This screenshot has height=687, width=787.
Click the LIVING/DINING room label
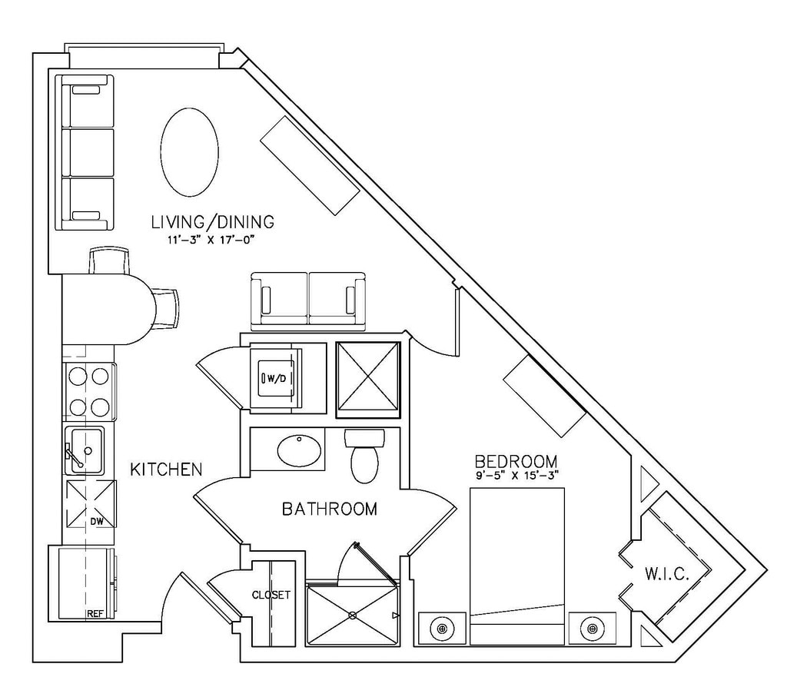[x=212, y=223]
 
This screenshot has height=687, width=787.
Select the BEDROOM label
[x=516, y=461]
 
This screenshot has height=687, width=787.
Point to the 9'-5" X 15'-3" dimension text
[x=516, y=475]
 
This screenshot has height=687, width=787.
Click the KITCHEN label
[x=165, y=469]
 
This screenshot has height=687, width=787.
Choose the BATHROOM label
[x=330, y=509]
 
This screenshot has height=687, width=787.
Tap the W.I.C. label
[x=666, y=574]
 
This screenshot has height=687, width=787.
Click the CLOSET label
[x=271, y=595]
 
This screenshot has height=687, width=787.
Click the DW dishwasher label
[x=96, y=522]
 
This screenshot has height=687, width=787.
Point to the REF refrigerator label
[x=95, y=614]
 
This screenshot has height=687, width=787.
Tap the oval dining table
[x=190, y=151]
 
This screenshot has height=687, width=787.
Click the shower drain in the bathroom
[x=353, y=615]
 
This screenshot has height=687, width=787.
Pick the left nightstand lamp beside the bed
[x=442, y=629]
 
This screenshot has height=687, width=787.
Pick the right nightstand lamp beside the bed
[x=592, y=629]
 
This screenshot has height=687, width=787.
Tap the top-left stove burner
[x=78, y=377]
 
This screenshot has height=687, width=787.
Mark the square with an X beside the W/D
[x=369, y=380]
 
